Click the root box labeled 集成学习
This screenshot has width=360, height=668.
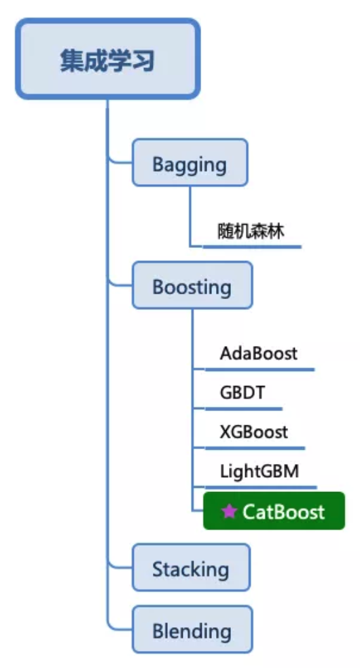click(x=107, y=60)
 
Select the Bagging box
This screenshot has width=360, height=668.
click(x=190, y=163)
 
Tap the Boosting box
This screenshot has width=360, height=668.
click(x=192, y=285)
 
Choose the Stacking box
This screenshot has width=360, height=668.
click(x=191, y=568)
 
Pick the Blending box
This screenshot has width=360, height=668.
click(x=192, y=630)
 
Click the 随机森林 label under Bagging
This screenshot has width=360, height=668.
click(x=251, y=231)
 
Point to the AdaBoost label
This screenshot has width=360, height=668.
click(x=258, y=353)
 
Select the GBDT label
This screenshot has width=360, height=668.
click(x=242, y=393)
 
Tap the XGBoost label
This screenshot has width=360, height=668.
click(x=253, y=432)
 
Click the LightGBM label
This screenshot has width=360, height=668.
click(x=259, y=471)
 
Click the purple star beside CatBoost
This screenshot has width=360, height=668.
click(x=229, y=511)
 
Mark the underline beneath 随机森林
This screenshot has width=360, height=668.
click(x=251, y=247)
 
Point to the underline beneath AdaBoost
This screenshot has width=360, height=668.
click(x=259, y=370)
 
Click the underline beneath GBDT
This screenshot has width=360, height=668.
click(x=243, y=409)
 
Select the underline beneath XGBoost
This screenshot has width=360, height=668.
click(x=254, y=448)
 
